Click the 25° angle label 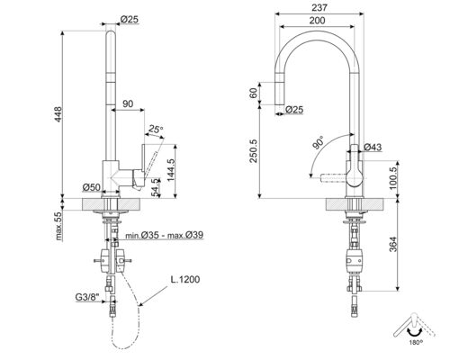pyautogui.click(x=157, y=129)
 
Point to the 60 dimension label pyautogui.click(x=256, y=94)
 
